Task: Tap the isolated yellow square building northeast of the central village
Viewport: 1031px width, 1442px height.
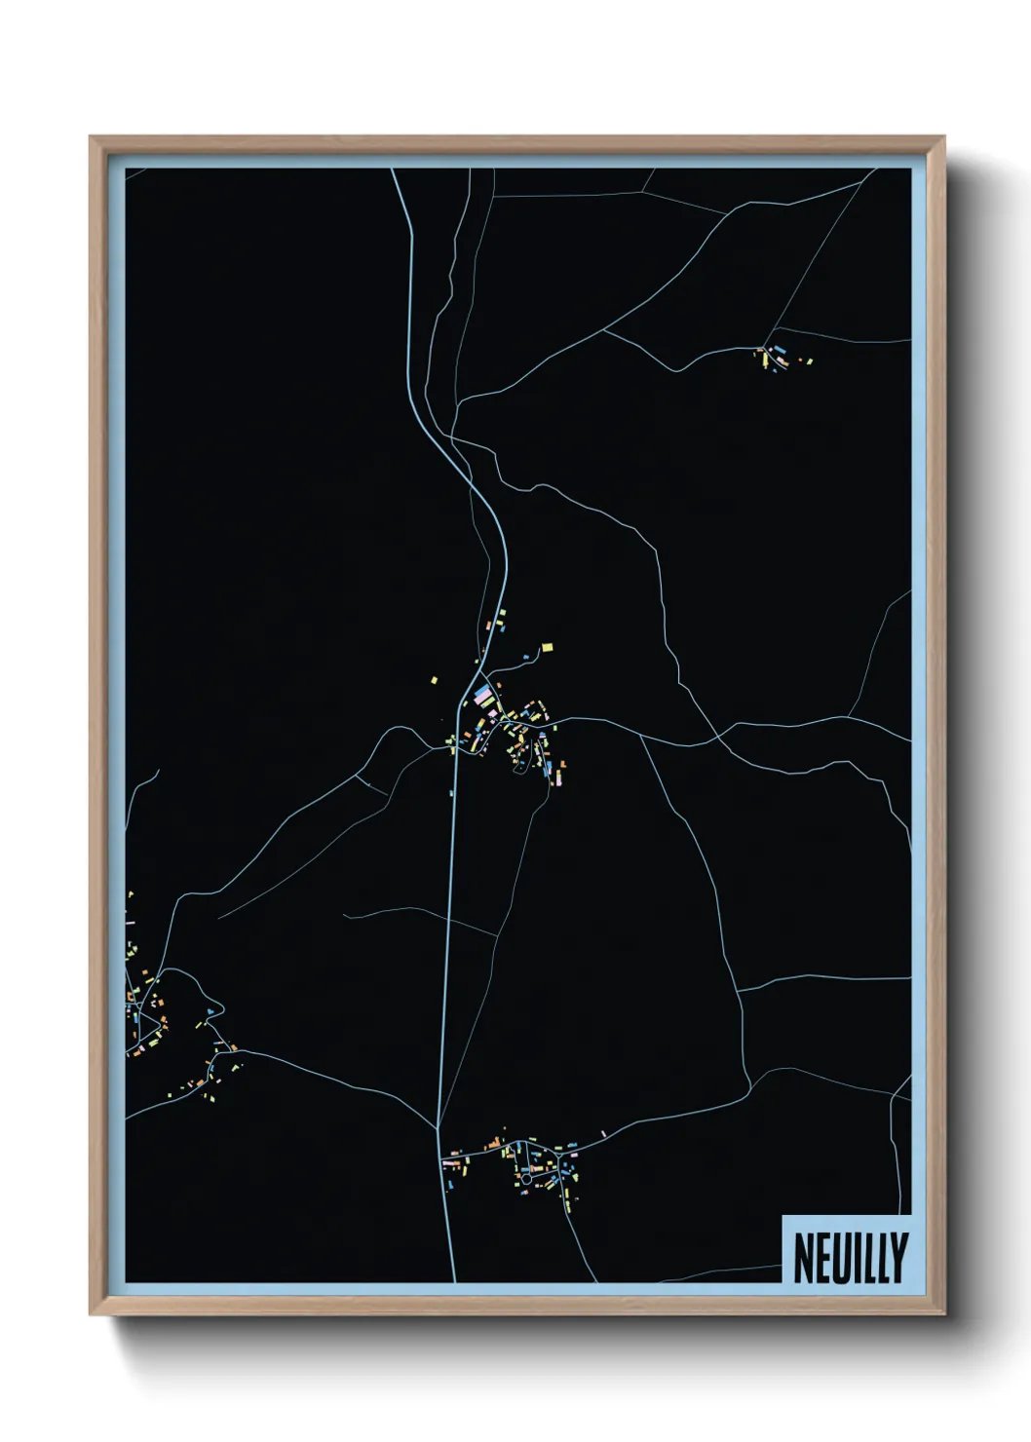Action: [548, 647]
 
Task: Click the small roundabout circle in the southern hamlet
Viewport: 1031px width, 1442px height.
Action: [526, 1179]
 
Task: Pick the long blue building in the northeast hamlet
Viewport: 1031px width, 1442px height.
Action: [780, 350]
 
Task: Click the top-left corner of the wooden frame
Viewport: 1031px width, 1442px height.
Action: [91, 137]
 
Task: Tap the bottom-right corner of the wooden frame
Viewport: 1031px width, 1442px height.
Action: [944, 1313]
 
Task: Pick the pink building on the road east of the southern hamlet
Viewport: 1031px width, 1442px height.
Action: [604, 1134]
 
